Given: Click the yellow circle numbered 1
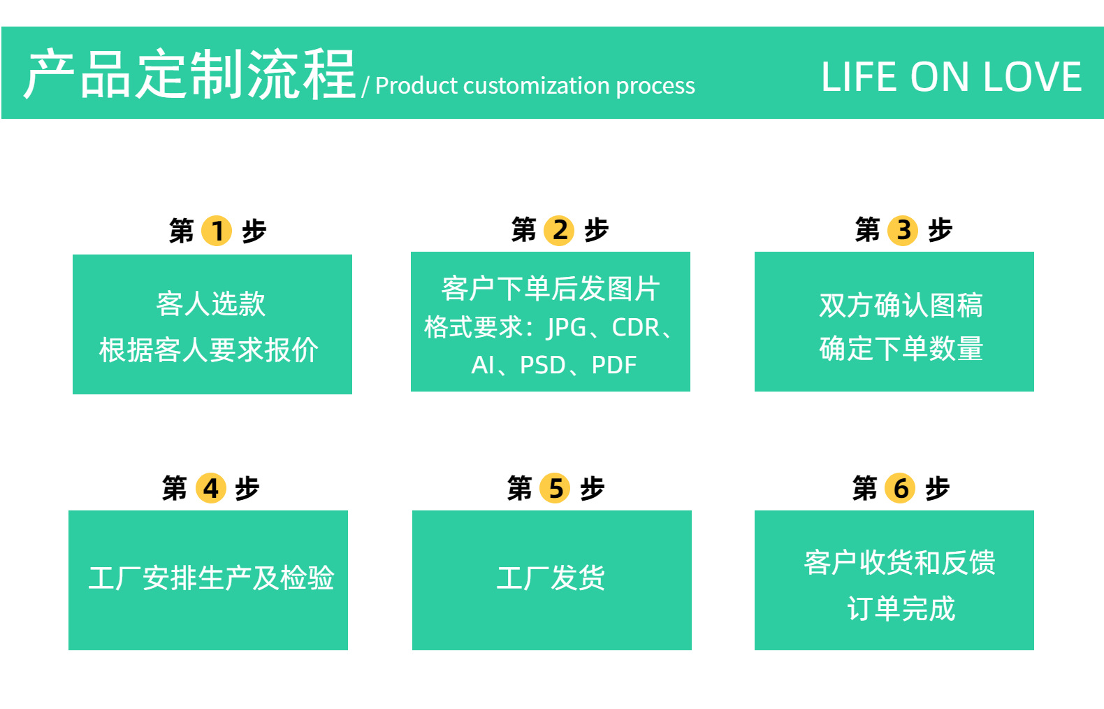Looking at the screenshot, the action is point(217,231).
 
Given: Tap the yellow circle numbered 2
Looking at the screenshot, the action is point(560,229).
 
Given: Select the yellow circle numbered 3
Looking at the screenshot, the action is point(903,229).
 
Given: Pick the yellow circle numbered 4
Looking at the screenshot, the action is point(211,488).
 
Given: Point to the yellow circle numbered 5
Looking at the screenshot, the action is point(555,488).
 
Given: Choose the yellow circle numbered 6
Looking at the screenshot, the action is point(901,488).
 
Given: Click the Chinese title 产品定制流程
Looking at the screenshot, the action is point(189,74).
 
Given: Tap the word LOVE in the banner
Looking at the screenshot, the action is point(1032,77).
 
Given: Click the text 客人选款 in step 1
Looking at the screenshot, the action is point(211,304).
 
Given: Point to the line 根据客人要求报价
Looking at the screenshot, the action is point(209,350).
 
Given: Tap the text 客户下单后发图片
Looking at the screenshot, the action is point(551,288).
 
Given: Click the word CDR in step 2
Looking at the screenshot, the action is point(635,327).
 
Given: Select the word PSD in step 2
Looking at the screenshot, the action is point(542,365).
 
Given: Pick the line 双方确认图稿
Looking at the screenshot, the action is point(901,305).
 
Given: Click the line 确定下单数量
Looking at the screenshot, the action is point(901,348).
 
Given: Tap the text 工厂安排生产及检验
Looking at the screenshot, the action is point(211,578).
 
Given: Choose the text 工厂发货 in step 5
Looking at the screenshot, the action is point(551,578).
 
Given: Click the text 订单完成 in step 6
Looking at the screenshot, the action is point(901,608).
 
